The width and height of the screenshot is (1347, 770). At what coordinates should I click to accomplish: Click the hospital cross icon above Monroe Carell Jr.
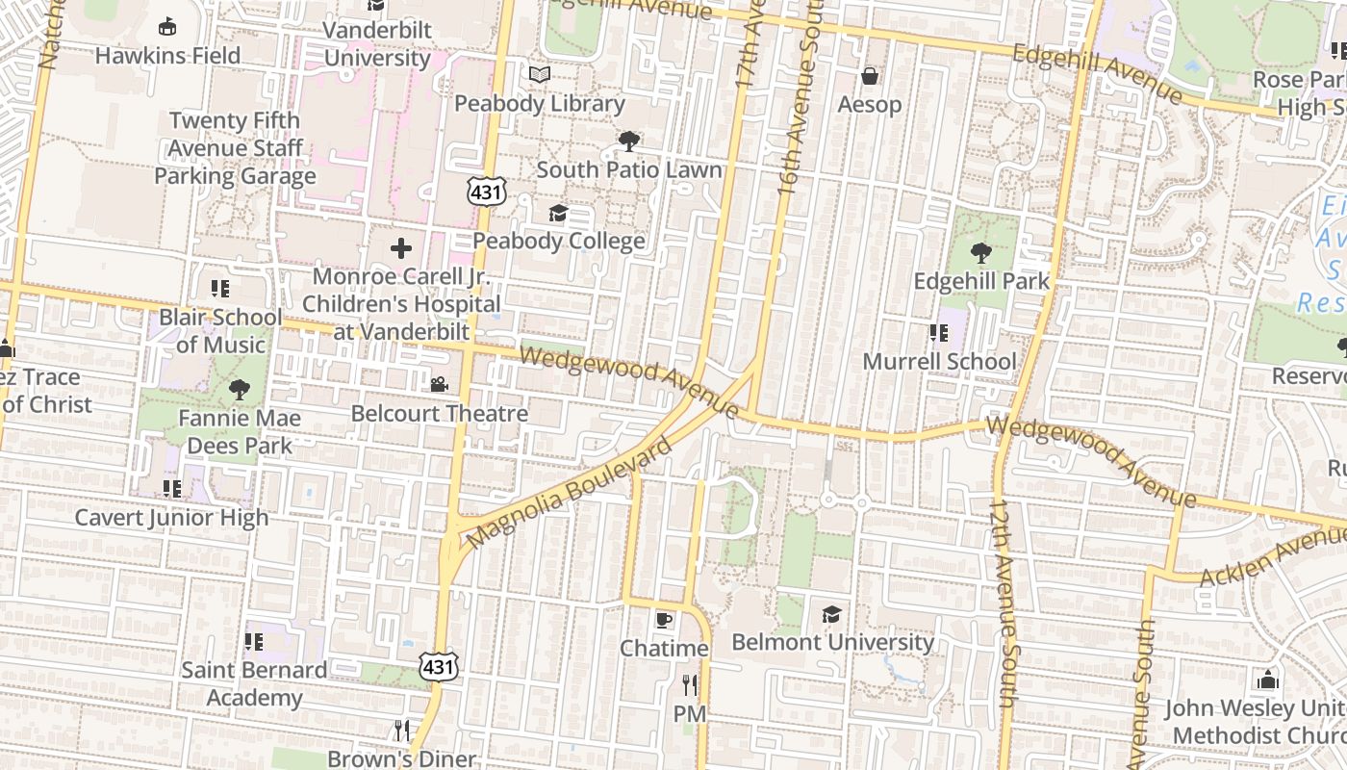point(401,249)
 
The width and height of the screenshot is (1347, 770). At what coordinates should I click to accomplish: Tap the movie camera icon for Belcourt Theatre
point(439,385)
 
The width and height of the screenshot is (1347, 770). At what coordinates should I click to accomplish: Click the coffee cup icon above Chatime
point(663,619)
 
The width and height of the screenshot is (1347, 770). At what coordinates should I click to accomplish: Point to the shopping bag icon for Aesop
point(870,75)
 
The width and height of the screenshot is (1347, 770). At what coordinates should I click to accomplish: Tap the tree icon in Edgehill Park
point(980,253)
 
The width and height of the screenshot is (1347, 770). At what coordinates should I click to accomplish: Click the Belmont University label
point(832,642)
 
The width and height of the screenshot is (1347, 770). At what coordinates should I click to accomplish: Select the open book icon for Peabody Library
point(540,74)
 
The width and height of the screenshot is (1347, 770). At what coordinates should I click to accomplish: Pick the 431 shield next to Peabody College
point(487,192)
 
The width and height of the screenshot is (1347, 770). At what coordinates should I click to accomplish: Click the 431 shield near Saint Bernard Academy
point(438,665)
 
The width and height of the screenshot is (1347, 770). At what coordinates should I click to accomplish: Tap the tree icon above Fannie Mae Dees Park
point(239,390)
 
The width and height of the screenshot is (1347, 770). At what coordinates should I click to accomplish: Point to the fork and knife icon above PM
point(689,684)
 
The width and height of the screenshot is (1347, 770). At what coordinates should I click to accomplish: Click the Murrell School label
point(939,362)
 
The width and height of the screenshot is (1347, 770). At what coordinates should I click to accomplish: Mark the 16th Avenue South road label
point(799,106)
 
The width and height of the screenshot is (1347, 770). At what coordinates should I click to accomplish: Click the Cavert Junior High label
point(172,518)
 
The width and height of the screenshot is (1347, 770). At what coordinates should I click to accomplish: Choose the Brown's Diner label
point(401,758)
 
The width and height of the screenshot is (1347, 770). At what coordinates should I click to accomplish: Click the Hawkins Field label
point(167,56)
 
